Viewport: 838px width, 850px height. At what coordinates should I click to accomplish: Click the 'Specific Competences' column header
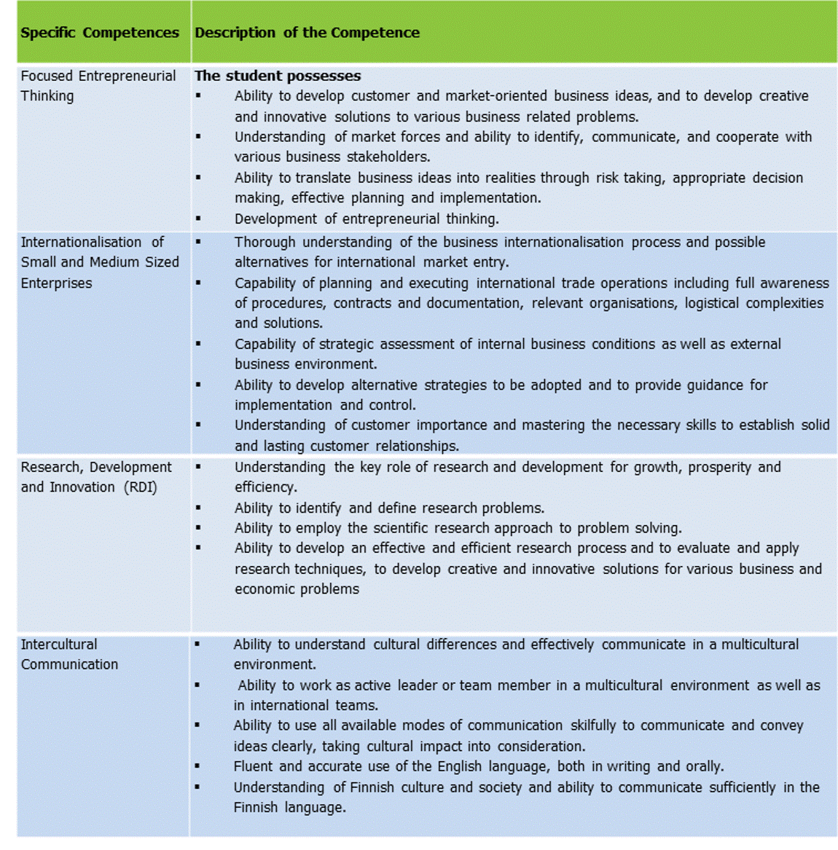coord(100,33)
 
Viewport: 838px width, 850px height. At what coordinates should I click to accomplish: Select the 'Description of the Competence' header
coord(307,33)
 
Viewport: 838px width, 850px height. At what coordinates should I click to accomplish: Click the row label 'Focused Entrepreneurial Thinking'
coord(98,85)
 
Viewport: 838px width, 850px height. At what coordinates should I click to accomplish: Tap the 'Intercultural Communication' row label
coord(69,654)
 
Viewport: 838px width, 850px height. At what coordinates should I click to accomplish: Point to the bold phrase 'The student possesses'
coord(278,76)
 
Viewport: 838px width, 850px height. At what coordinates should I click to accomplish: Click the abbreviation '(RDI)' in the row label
coord(140,487)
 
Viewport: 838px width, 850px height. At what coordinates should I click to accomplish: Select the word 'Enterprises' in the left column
coord(56,283)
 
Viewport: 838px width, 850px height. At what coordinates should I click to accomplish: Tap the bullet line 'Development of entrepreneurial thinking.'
coord(367,219)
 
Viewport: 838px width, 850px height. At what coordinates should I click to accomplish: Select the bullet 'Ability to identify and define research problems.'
coord(389,508)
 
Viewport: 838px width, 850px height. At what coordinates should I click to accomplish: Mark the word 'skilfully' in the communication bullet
coord(592,725)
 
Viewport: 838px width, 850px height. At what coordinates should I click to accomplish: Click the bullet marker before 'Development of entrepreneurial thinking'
coord(197,218)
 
